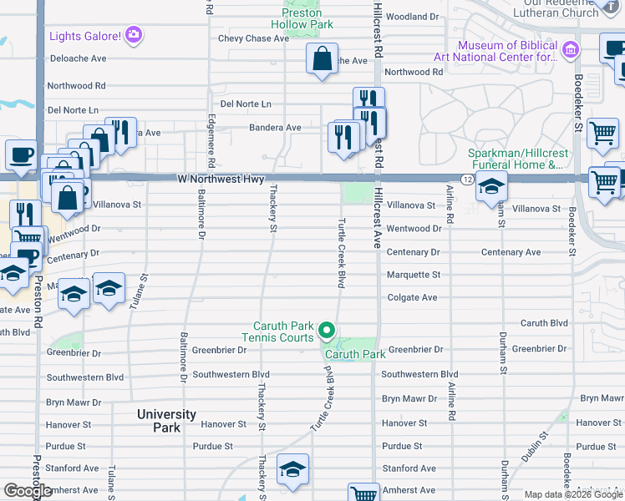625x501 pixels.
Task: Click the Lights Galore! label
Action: (x=85, y=36)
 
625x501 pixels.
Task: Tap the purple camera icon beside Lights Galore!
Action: (x=134, y=35)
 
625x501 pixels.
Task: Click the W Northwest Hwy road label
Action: (x=221, y=180)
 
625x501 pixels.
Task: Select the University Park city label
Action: (x=167, y=421)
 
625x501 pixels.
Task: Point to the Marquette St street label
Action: (x=413, y=275)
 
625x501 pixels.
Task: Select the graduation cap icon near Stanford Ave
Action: (x=292, y=470)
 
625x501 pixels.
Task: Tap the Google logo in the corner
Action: (x=28, y=491)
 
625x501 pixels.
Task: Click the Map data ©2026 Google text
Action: (x=572, y=494)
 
